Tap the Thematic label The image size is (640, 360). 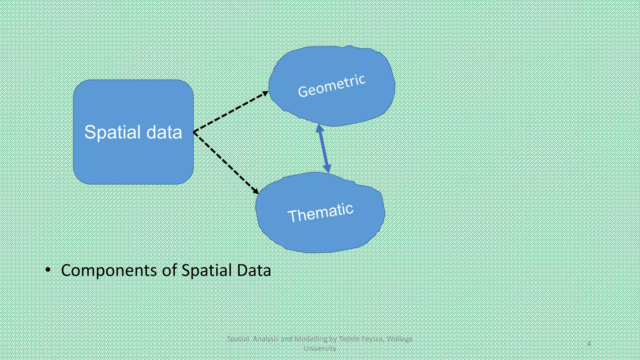click(320, 212)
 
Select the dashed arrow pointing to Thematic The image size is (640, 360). click(226, 162)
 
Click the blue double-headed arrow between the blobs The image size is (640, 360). click(323, 148)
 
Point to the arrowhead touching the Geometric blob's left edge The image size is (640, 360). click(265, 93)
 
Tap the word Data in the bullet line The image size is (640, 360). click(254, 270)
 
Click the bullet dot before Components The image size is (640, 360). click(48, 270)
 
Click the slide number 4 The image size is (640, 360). click(589, 343)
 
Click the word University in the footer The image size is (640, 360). click(320, 348)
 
